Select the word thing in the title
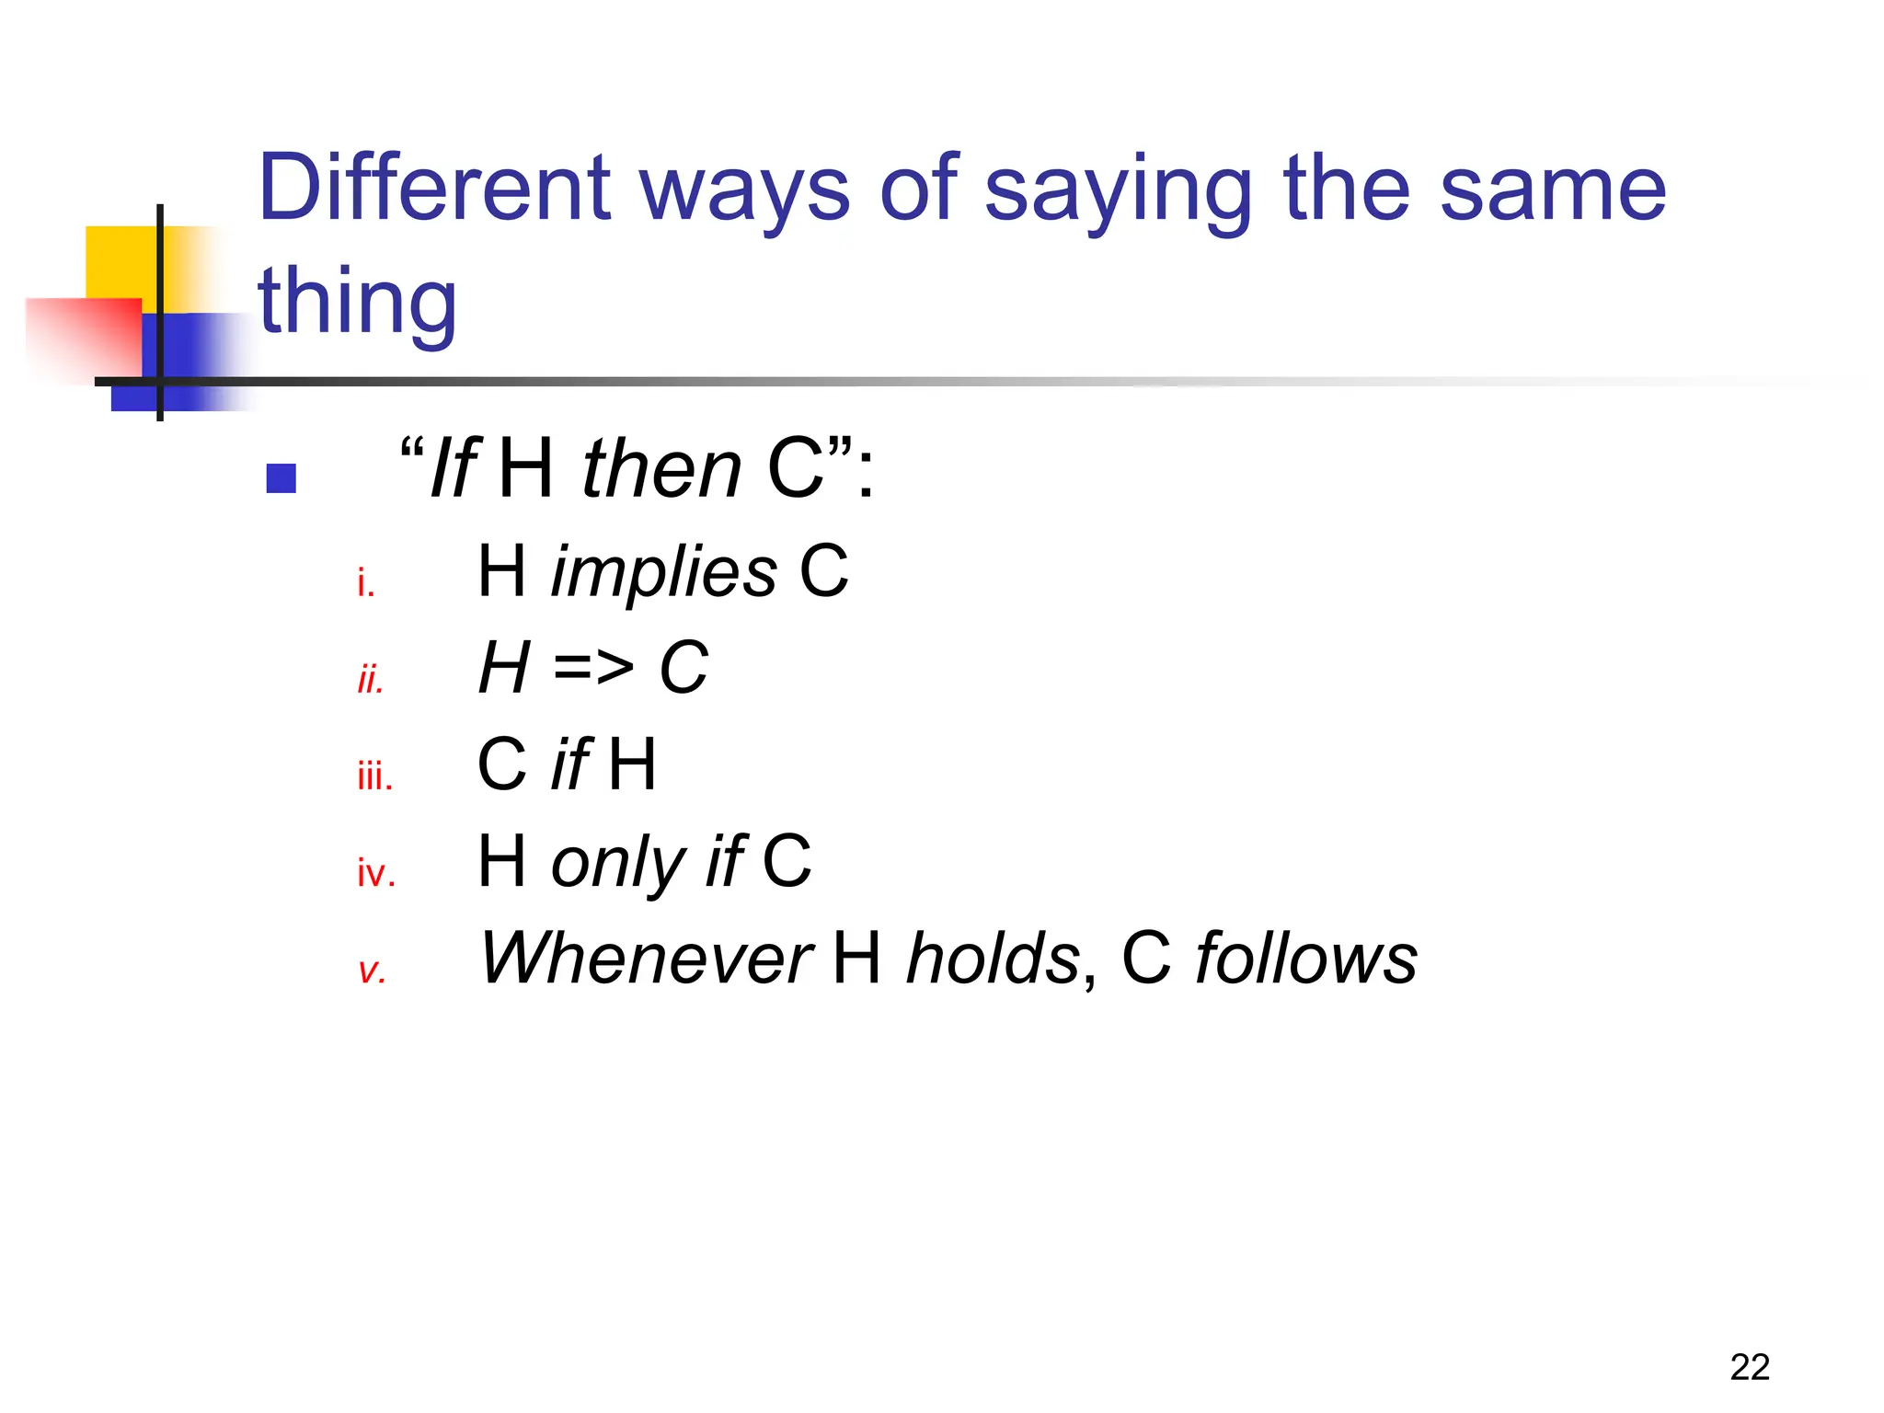357,302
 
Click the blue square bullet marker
281,478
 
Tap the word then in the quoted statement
661,468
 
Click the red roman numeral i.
366,583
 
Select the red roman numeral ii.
370,680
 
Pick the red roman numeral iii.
374,776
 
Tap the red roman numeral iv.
376,873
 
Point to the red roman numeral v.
372,971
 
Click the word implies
663,572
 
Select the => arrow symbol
593,668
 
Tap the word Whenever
646,959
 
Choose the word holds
992,959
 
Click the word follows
1305,959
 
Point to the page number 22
1749,1367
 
